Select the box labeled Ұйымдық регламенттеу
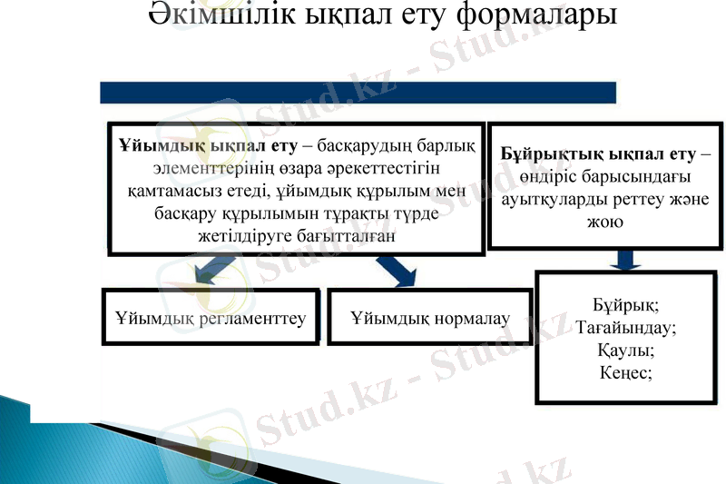coord(211,318)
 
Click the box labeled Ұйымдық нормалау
coord(429,318)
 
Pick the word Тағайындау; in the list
coord(626,327)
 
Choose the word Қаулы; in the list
coord(626,349)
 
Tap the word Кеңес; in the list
coord(626,370)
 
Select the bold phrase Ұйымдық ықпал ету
coord(208,147)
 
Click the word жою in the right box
coord(606,221)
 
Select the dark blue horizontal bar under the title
coord(358,93)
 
